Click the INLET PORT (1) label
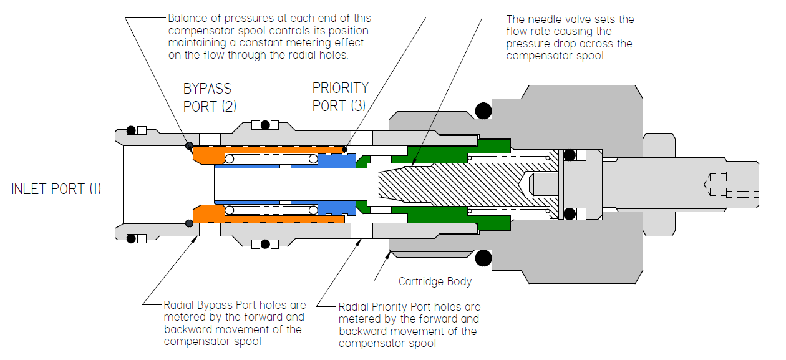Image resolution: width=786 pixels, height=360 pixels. [56, 188]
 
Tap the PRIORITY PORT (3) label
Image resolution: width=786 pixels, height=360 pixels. [340, 97]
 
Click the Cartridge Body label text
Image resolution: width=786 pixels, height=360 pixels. [435, 281]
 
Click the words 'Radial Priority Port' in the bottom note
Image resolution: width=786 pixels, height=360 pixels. [387, 307]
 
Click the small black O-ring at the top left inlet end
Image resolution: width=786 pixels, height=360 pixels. [131, 130]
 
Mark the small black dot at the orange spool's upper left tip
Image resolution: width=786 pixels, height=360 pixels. [189, 146]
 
